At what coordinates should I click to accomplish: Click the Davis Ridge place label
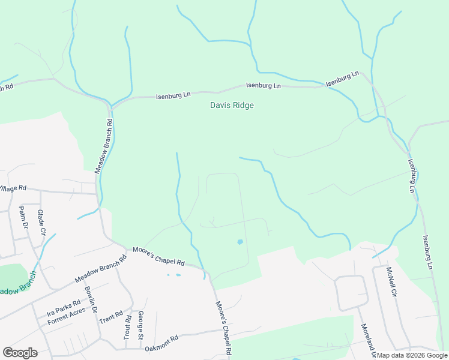[x=232, y=106]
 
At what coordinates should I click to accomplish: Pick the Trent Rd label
[x=110, y=316]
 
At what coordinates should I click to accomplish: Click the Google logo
[x=20, y=353]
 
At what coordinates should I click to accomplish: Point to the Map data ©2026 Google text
[x=412, y=355]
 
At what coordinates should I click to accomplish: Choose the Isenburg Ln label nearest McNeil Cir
[x=429, y=252]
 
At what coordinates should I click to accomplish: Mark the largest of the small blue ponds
[x=240, y=242]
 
